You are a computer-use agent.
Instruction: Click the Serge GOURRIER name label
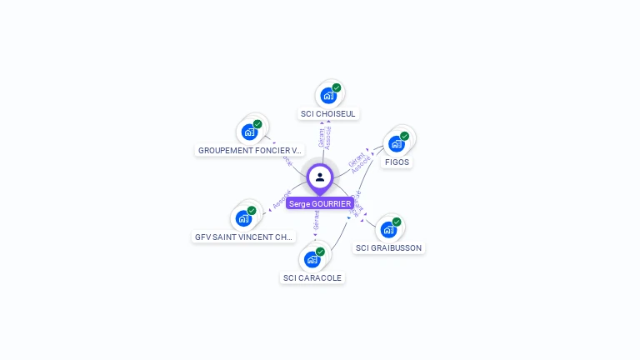tap(320, 203)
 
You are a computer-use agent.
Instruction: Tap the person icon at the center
tap(320, 177)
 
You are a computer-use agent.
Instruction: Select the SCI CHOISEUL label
tap(328, 113)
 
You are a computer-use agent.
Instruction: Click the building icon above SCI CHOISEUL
tap(328, 95)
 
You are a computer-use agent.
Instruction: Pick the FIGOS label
tap(397, 162)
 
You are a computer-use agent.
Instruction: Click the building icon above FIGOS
tap(397, 143)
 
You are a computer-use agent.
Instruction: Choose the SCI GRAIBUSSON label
tap(388, 247)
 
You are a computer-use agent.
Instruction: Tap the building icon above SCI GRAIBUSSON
tap(388, 229)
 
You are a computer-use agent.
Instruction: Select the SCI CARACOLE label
tap(312, 277)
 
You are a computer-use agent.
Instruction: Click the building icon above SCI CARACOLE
tap(312, 259)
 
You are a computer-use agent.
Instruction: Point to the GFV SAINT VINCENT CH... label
tap(244, 237)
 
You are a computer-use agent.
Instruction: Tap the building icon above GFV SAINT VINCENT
tap(243, 218)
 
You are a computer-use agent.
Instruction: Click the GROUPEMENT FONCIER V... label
tap(250, 151)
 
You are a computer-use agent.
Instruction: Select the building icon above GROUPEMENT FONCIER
tap(249, 132)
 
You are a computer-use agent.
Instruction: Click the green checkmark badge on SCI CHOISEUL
tap(337, 87)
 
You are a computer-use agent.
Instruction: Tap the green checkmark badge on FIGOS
tap(405, 136)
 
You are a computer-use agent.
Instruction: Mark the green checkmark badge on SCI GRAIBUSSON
tap(397, 222)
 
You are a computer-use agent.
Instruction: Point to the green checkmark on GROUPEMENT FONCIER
tap(257, 124)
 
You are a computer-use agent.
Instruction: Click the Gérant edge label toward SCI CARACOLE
tap(316, 221)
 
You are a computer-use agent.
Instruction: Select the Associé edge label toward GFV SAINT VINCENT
tap(281, 200)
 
